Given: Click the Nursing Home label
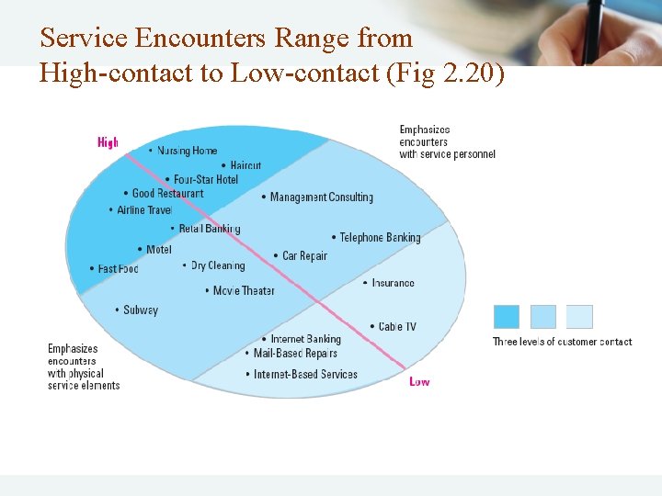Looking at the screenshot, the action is (187, 151).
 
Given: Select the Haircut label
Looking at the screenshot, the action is (245, 166).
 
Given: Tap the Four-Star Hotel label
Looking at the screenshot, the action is (205, 179).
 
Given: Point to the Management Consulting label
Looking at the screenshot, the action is (321, 197).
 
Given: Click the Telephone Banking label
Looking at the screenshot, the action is (379, 237).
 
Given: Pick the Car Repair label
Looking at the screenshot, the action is (304, 256).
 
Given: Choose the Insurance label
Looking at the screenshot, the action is (393, 283).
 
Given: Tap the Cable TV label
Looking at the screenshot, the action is (397, 326).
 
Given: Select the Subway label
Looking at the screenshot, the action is (141, 310).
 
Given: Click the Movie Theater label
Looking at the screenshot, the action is (244, 290).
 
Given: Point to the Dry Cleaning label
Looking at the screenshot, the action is (217, 265).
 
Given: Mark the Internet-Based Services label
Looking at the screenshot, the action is (305, 374).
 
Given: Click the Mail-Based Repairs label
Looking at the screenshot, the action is (295, 354).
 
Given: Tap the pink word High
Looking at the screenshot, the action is (108, 142).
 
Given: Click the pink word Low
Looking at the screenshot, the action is (419, 381).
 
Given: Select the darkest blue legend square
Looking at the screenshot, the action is (507, 317).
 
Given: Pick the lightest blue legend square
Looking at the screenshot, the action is (579, 317).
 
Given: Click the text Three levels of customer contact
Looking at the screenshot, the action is (562, 342).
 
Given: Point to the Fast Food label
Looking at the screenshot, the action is (118, 269).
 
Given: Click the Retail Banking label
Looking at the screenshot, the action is (209, 229).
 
